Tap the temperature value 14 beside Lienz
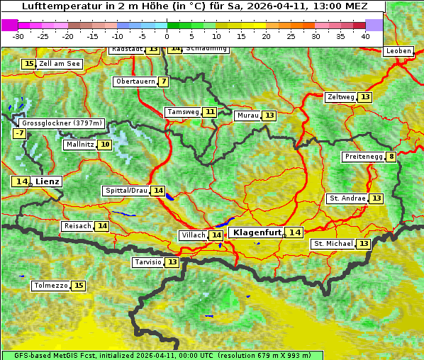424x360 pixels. point(21,181)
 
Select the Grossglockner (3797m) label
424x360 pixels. point(62,123)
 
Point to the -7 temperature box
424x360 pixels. point(19,133)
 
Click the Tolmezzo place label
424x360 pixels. point(50,286)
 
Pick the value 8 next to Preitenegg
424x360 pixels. point(391,157)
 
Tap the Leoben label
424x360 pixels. point(398,51)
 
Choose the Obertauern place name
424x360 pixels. point(135,81)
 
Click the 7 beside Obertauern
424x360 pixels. point(164,81)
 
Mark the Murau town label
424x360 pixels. point(247,116)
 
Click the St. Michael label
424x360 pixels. point(333,244)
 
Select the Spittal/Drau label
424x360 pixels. point(126,191)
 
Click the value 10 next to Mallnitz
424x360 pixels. point(105,145)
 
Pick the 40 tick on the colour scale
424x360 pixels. point(365,35)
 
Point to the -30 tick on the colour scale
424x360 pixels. point(18,35)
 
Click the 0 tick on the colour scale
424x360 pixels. point(167,35)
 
